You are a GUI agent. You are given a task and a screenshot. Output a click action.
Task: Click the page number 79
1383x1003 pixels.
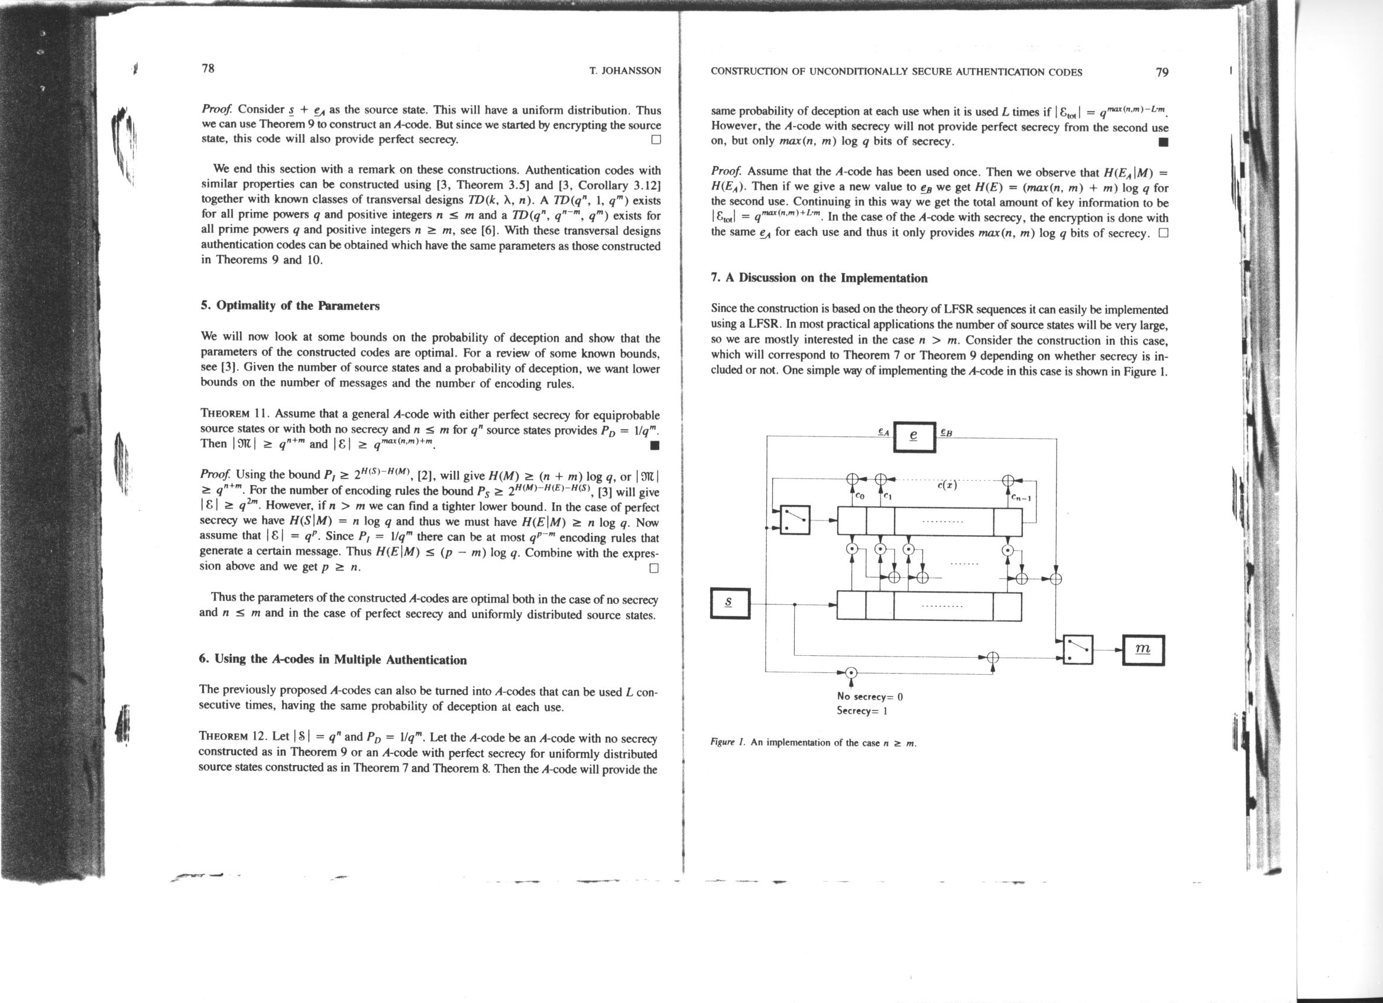pos(1162,72)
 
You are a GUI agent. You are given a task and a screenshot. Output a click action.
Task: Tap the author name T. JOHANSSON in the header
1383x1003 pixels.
pos(625,71)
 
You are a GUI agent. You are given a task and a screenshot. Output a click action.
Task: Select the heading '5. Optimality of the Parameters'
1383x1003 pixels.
pos(290,306)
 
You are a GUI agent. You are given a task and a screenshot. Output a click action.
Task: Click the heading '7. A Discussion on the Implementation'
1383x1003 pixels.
pos(819,279)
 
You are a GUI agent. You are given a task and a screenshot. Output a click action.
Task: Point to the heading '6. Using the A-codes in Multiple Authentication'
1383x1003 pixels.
pos(332,660)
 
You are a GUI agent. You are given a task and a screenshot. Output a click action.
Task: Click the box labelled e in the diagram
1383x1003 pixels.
pos(914,437)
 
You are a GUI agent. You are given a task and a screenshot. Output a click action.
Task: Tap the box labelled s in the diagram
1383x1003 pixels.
pos(730,603)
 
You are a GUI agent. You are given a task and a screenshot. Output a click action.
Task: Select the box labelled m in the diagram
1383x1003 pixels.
pos(1143,650)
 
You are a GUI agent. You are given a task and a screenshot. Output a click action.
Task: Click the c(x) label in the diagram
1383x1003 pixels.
pos(947,486)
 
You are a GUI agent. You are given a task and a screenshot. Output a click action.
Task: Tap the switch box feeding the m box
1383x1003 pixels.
pos(1078,650)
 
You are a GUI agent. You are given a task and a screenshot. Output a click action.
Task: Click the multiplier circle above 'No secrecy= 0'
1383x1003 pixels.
pos(851,672)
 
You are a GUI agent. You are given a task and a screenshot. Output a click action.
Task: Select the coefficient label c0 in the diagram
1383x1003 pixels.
pos(860,497)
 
